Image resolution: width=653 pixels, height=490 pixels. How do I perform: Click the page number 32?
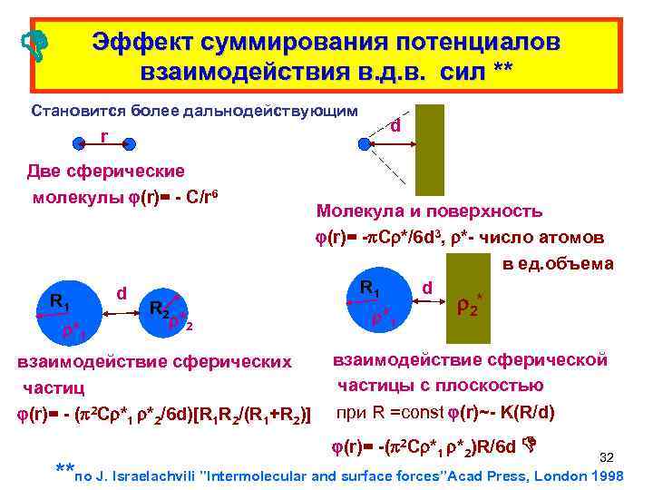click(x=609, y=456)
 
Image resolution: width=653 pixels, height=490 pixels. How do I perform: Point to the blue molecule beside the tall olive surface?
click(x=366, y=143)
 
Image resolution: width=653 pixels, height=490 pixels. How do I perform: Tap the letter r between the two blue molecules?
click(x=104, y=135)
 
